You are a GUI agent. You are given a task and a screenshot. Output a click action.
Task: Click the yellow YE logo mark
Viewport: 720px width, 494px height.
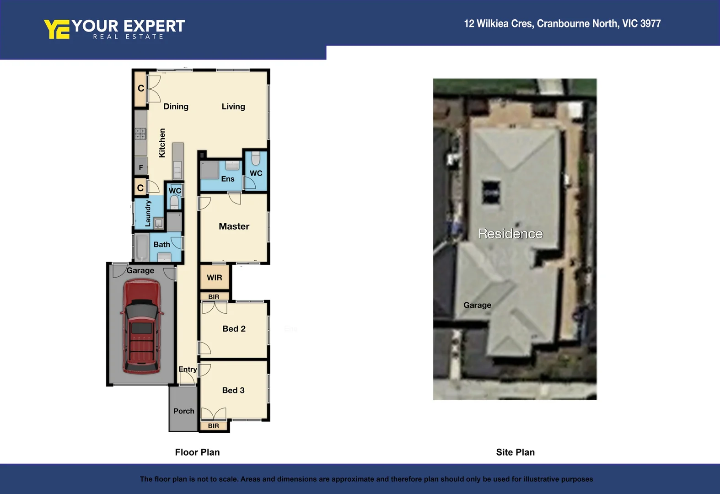point(57,29)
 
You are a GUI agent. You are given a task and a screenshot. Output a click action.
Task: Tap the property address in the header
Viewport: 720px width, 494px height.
point(562,24)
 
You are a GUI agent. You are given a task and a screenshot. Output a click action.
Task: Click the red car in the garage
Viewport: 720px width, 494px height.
point(141,327)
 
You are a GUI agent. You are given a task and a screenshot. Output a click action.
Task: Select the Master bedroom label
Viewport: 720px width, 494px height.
point(234,226)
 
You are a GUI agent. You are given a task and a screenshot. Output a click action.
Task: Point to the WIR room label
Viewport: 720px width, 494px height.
point(214,278)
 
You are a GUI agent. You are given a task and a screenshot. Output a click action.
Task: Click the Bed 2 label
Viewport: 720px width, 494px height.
point(234,329)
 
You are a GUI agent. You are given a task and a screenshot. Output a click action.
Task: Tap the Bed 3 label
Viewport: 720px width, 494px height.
point(233,390)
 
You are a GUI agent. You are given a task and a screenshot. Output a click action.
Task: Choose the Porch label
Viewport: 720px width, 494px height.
point(184,411)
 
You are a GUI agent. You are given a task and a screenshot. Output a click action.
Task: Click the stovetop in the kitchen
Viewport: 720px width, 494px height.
point(140,134)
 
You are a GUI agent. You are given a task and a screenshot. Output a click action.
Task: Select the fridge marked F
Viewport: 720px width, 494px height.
point(141,167)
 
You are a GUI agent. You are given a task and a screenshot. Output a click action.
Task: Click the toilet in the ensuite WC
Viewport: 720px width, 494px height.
point(256,159)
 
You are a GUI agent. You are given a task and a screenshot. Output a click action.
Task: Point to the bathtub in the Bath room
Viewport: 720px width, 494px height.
point(142,247)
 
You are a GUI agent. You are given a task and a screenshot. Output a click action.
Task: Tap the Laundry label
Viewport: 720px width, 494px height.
point(148,213)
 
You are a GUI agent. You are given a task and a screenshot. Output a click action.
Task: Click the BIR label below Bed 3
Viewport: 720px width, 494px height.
point(214,426)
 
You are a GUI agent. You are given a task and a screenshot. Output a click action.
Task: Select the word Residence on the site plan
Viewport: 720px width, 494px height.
point(510,234)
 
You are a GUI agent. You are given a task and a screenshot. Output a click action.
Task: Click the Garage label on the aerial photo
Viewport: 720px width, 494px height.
point(477,305)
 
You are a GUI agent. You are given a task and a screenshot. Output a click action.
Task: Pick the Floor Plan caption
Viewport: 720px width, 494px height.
point(197,452)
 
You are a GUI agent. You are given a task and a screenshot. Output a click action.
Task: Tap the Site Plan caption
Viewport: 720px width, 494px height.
point(515,452)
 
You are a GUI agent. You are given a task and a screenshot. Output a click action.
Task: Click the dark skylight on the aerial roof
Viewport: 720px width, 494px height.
point(491,192)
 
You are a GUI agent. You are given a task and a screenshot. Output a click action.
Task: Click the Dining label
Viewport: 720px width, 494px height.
point(176,107)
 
